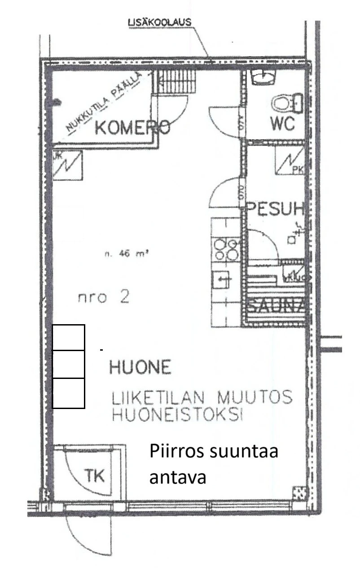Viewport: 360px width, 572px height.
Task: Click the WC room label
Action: coord(283,123)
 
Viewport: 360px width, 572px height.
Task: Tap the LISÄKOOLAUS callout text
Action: coord(159,22)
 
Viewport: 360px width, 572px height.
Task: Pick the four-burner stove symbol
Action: coord(226,249)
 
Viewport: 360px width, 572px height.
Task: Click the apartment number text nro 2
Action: coord(103,297)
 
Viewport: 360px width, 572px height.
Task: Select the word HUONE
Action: coord(140,368)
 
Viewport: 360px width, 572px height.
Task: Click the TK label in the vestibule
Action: coord(95,475)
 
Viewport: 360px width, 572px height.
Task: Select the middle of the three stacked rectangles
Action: coord(69,364)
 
